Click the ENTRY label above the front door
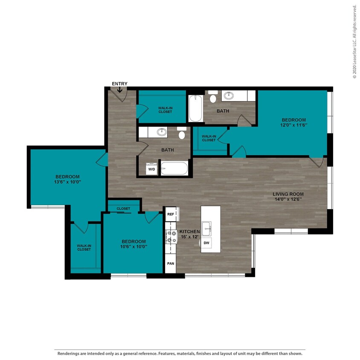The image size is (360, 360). tap(119, 84)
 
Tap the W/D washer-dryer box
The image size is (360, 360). tap(151, 169)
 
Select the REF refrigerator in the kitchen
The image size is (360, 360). tap(171, 214)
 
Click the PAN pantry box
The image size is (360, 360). tap(171, 264)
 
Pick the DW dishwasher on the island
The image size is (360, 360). tap(206, 243)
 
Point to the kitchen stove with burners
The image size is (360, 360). tap(171, 237)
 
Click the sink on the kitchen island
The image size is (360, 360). tap(207, 228)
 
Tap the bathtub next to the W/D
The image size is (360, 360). tap(174, 168)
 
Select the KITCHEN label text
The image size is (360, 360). tap(189, 231)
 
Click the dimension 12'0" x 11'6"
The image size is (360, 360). tap(293, 125)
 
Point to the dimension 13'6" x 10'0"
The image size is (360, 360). tap(67, 182)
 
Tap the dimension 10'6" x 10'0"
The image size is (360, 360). tap(134, 246)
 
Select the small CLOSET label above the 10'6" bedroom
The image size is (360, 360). tap(123, 209)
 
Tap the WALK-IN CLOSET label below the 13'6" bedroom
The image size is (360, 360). tap(84, 247)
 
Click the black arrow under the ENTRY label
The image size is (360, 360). tap(119, 90)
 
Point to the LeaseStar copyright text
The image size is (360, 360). tap(354, 41)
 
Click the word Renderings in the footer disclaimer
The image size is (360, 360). tap(69, 354)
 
